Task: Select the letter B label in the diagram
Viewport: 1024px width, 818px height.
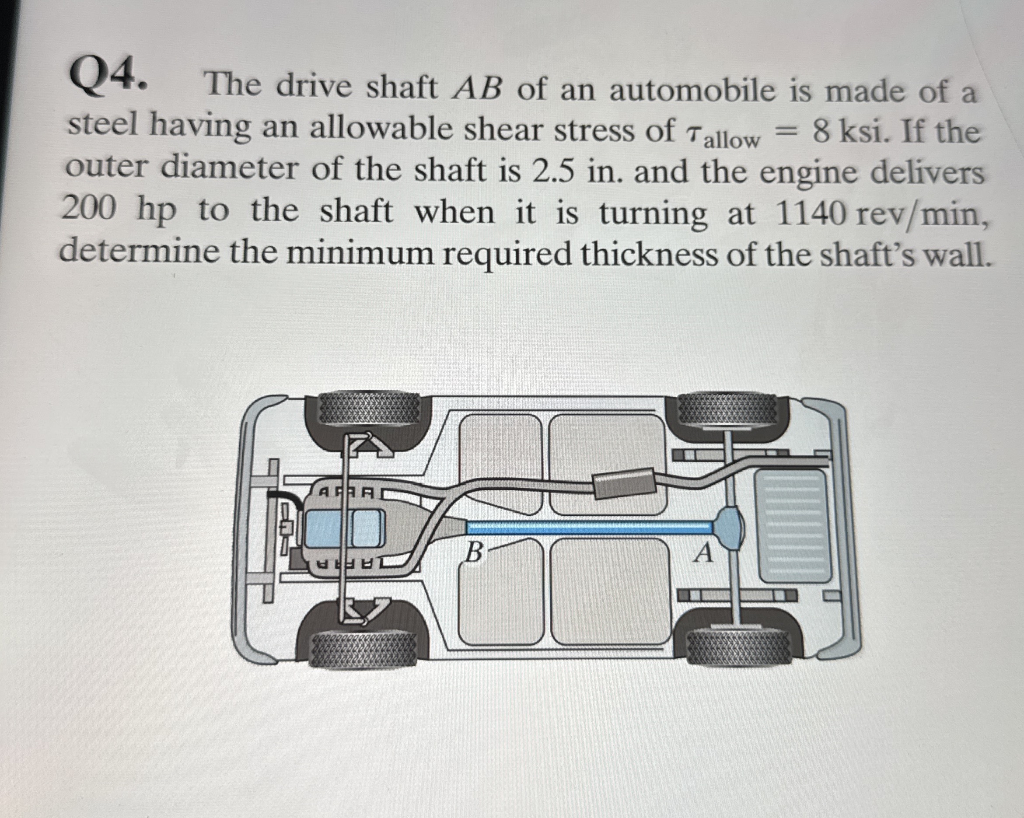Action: click(x=474, y=552)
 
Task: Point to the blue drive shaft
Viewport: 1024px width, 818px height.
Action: click(x=589, y=527)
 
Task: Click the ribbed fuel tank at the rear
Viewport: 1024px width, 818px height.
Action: click(x=793, y=526)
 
